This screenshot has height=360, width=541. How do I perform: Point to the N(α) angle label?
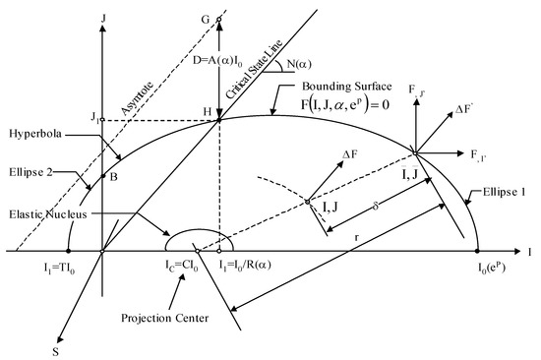click(x=315, y=42)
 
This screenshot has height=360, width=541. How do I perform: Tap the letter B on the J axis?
click(x=114, y=177)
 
